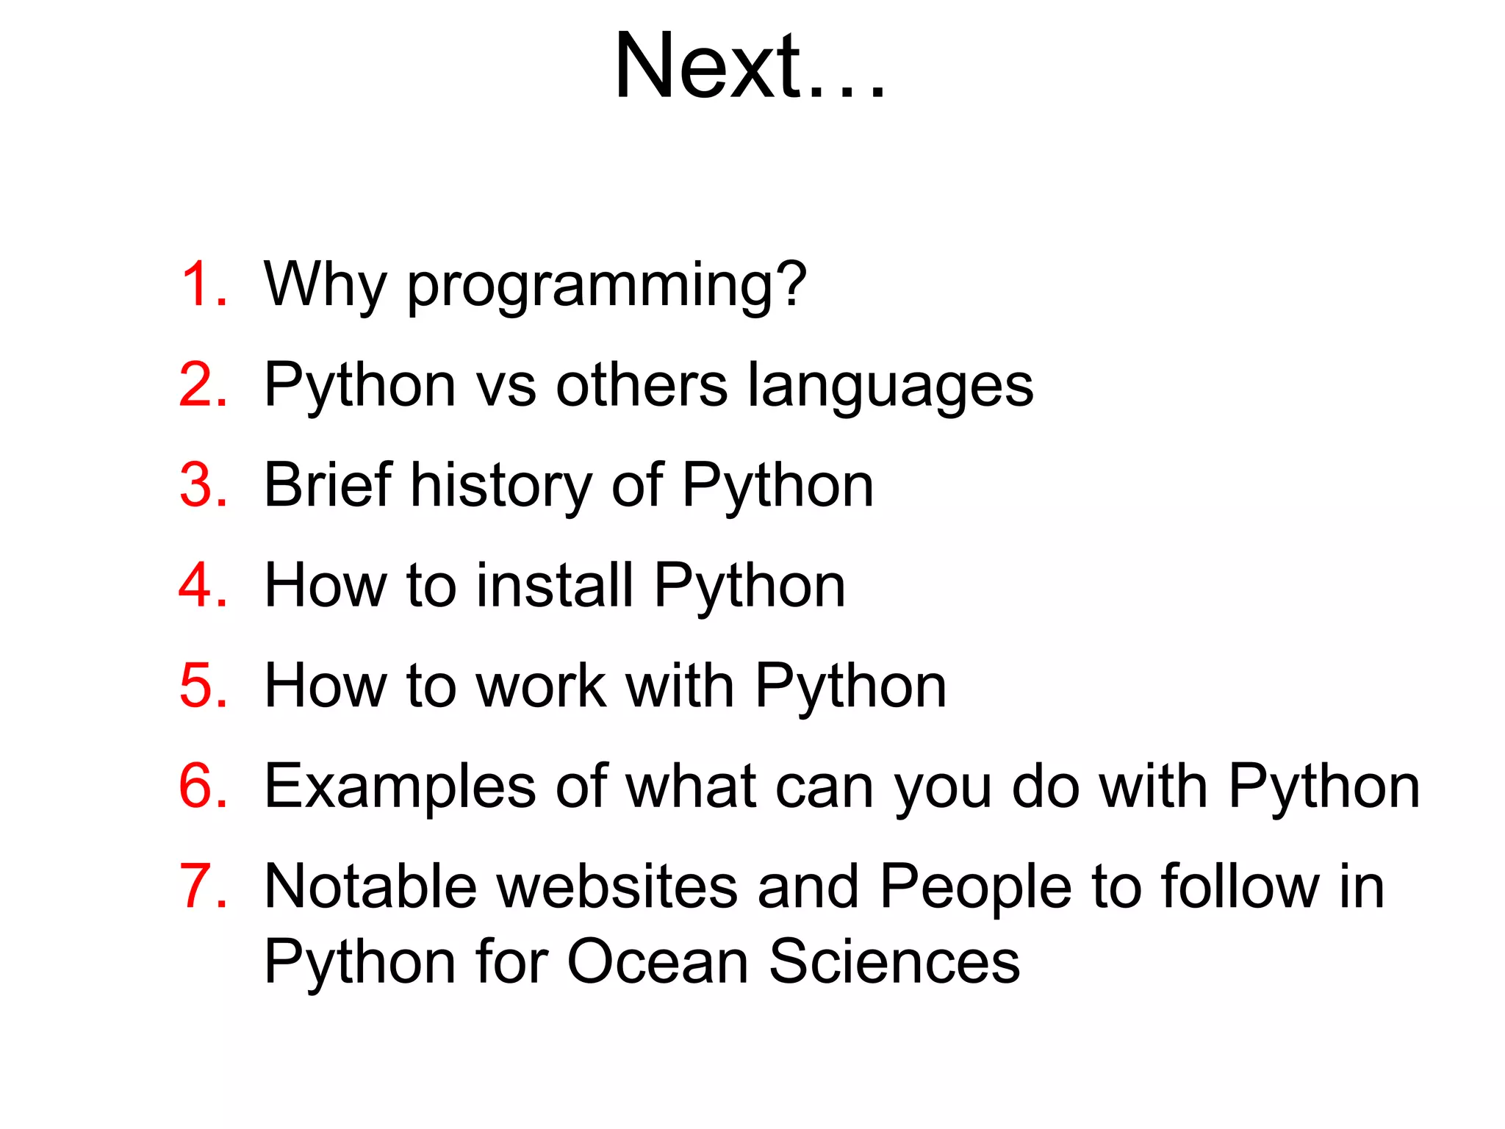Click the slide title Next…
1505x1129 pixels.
[750, 68]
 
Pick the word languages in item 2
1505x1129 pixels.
[891, 387]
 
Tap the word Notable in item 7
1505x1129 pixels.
[370, 886]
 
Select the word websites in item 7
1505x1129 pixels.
[617, 886]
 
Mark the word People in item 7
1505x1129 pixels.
[975, 888]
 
